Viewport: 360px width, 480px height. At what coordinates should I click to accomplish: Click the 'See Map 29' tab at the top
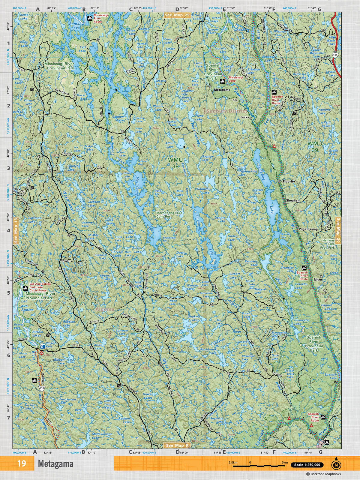coord(177,15)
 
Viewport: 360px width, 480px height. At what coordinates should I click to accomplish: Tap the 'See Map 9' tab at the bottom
coord(177,445)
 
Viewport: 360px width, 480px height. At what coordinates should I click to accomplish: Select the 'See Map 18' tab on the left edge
coord(16,230)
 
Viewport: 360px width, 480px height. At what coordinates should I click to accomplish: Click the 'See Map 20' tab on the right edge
coord(338,230)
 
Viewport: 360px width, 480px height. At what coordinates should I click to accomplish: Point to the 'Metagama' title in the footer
coord(55,464)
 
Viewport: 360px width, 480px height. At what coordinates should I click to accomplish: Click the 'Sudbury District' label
coord(222,111)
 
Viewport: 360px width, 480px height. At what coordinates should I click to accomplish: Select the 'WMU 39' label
coord(314,146)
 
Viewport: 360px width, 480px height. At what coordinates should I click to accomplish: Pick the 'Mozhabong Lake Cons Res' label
coord(169,214)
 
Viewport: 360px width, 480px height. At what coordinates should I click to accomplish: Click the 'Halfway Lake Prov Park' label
coord(328,244)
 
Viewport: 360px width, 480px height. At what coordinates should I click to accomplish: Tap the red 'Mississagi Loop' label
coord(236,79)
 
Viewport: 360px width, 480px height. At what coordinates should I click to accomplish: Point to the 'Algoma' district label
coord(105,309)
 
